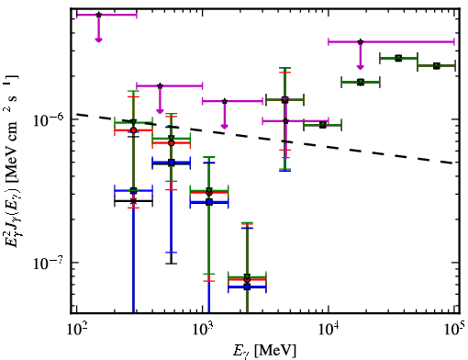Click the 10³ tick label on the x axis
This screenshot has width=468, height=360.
[203, 329]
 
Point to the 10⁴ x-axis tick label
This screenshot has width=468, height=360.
[329, 329]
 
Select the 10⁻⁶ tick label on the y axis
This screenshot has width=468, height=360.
[47, 120]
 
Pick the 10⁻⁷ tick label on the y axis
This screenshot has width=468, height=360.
[47, 264]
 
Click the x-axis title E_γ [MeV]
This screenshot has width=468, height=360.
[264, 351]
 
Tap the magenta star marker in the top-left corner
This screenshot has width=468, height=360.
[98, 15]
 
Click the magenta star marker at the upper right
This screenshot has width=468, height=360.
[361, 41]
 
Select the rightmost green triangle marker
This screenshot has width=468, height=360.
[437, 66]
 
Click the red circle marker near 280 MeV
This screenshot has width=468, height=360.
[133, 130]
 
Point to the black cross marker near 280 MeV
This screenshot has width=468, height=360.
[133, 201]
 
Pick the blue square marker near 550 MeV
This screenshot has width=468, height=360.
[172, 163]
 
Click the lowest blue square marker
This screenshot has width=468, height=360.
[247, 287]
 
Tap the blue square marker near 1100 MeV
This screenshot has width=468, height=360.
[209, 202]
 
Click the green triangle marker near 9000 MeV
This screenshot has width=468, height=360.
[322, 125]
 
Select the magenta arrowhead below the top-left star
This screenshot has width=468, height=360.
[98, 39]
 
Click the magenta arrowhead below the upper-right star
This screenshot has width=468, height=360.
[361, 67]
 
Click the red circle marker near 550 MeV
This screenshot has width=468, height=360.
[172, 143]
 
